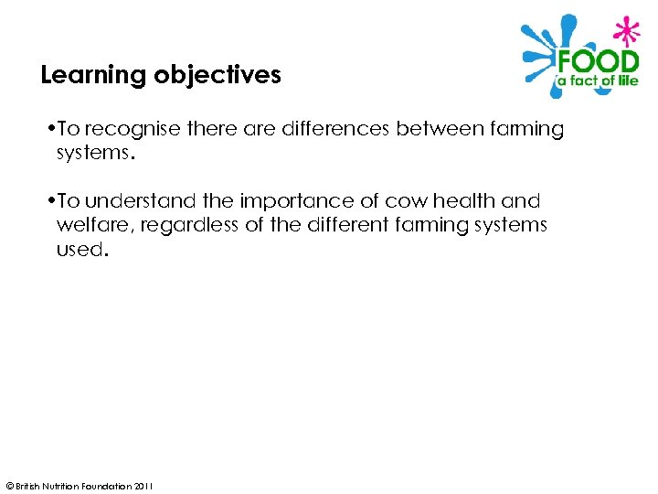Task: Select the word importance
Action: coord(304,201)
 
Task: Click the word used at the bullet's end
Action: coord(80,249)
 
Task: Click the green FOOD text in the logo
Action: coord(598,63)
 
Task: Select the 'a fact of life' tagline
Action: coord(598,82)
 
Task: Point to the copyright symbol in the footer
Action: coord(9,485)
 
